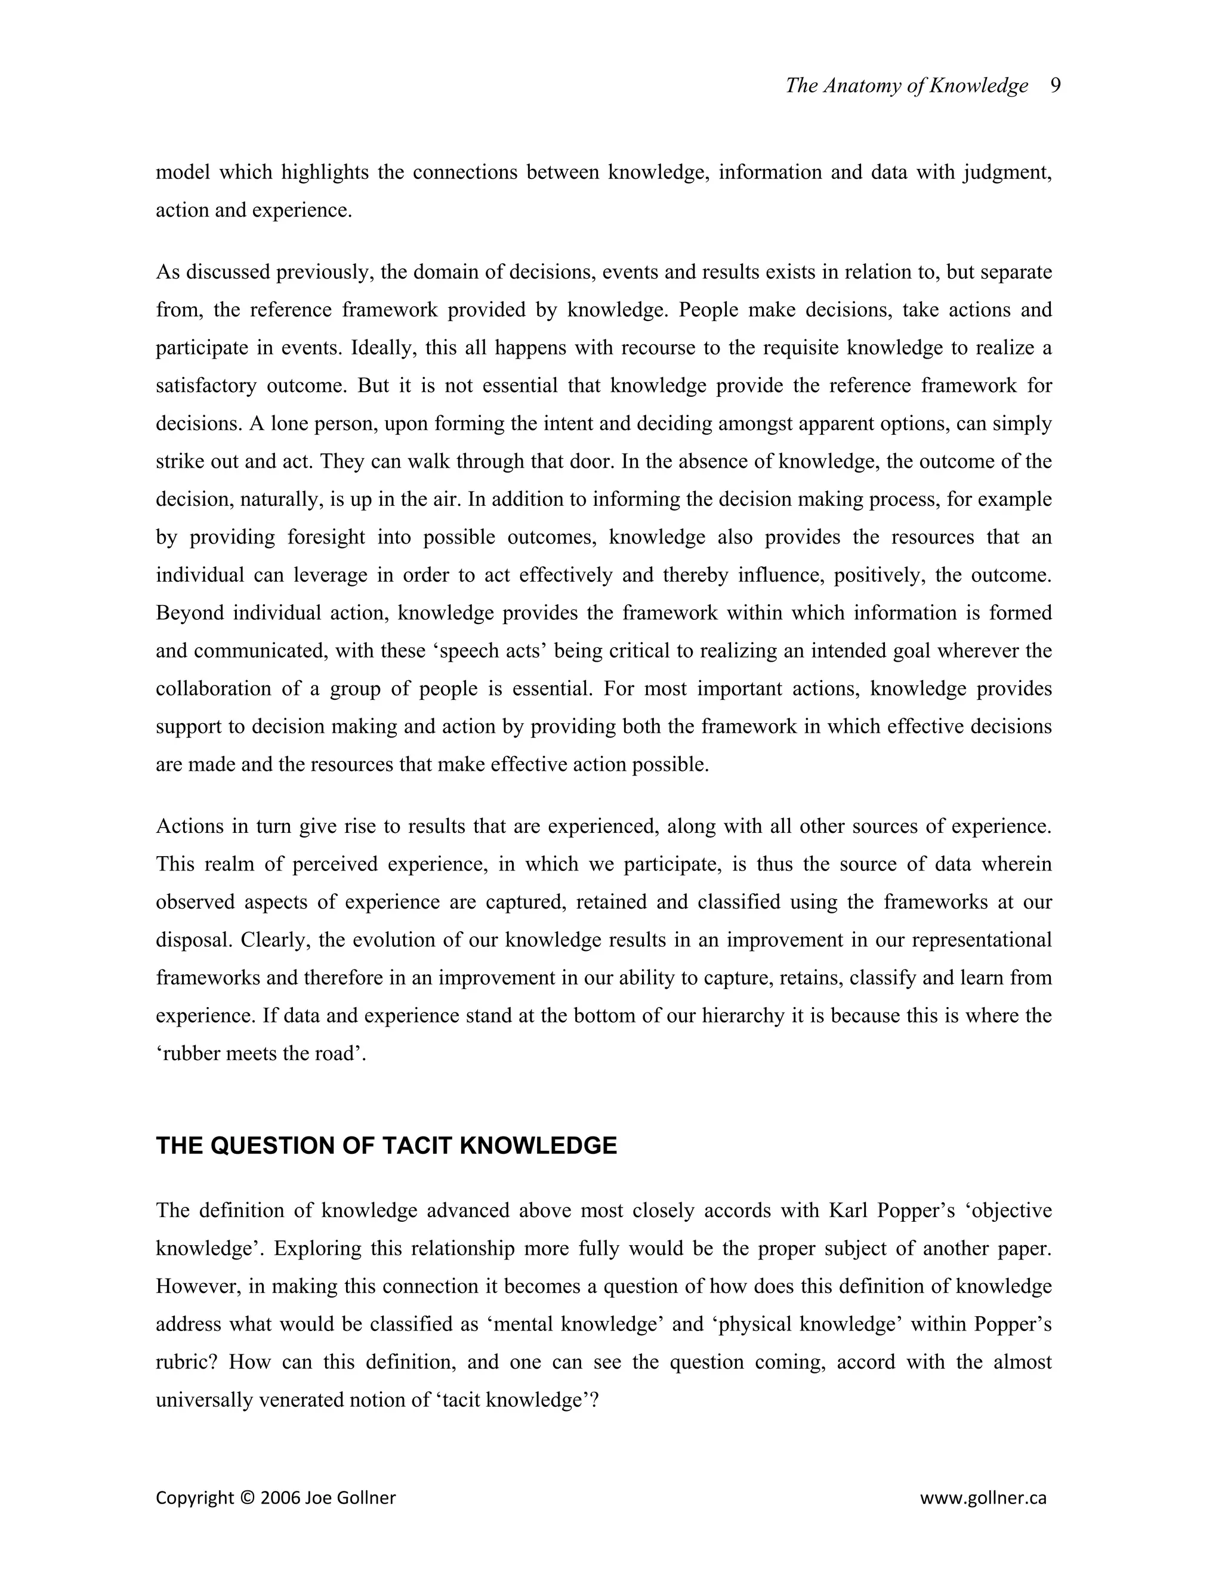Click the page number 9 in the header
1055,86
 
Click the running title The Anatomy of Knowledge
906,86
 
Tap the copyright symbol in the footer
247,1497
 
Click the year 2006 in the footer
279,1497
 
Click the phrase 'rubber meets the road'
261,1053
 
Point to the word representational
981,940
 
